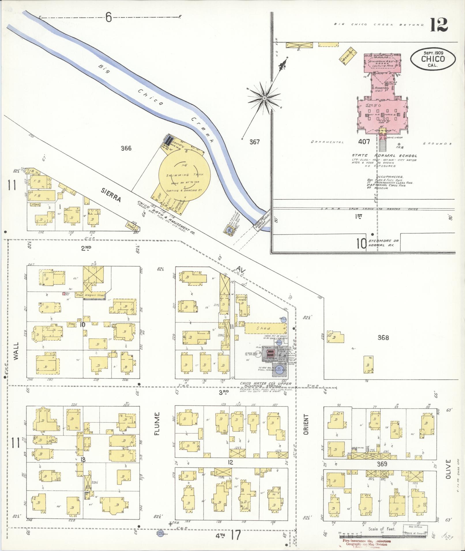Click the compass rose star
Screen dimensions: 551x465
tap(264, 99)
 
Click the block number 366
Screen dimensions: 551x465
tap(126, 148)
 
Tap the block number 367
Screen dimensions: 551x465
tap(255, 142)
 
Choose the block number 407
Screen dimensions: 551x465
tap(364, 142)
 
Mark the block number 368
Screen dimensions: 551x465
tap(383, 338)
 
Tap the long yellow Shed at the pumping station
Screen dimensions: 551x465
tap(265, 328)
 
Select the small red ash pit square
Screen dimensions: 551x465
tap(63, 294)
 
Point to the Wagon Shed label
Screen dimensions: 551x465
tap(94, 295)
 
